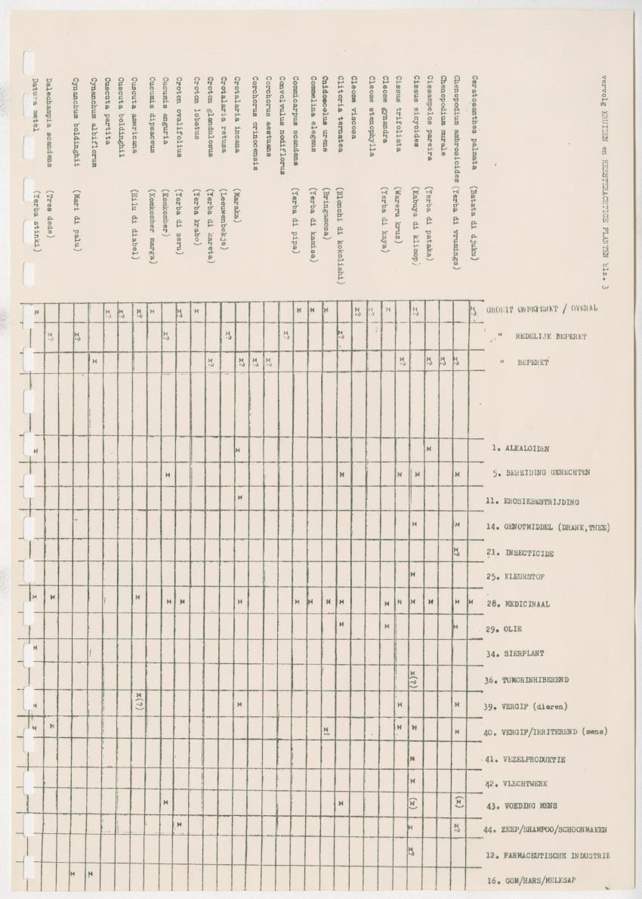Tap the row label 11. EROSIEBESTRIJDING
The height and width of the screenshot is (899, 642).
(532, 501)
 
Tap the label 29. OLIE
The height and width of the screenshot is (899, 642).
(504, 629)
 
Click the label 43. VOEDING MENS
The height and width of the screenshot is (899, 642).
(522, 805)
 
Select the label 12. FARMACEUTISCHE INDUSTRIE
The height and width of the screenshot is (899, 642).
(555, 855)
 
